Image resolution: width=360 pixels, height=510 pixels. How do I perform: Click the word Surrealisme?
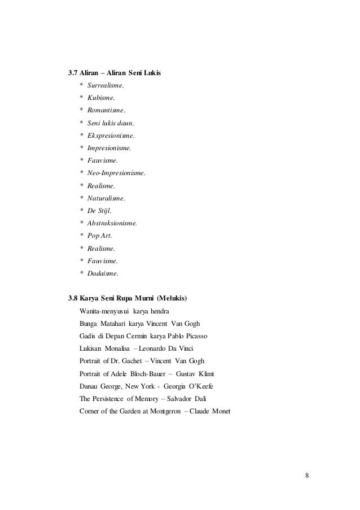pos(106,86)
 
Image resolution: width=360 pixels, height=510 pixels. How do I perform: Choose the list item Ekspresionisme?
pos(111,136)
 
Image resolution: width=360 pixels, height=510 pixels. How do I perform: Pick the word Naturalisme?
pos(106,198)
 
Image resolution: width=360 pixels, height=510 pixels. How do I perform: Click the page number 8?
pos(307,475)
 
